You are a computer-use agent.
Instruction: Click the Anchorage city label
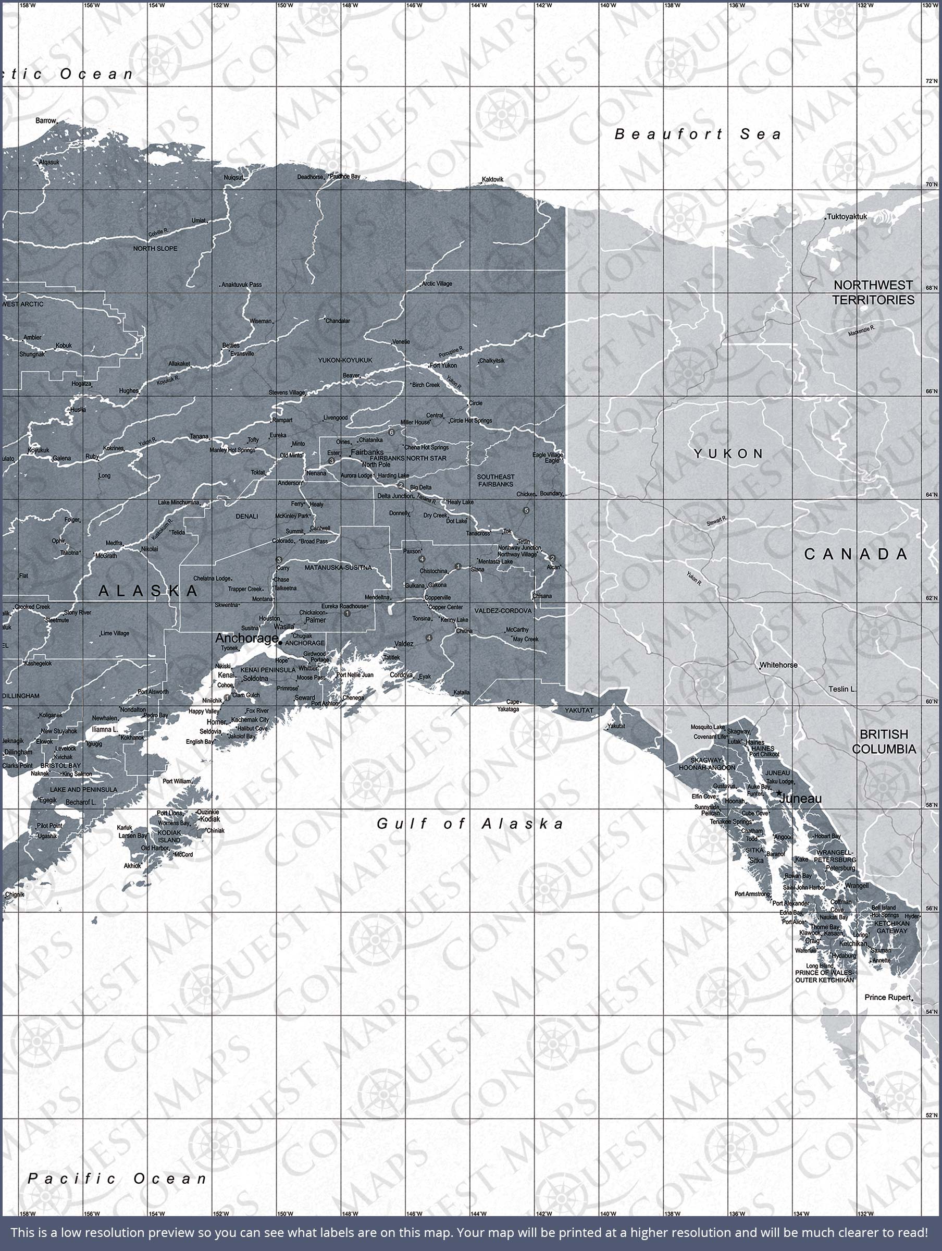click(246, 638)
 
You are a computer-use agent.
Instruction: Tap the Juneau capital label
click(800, 799)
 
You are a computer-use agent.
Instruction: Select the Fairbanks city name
click(367, 452)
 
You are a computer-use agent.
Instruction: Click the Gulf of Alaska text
click(470, 824)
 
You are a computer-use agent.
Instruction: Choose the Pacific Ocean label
click(118, 1179)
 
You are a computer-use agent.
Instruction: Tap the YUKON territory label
click(729, 453)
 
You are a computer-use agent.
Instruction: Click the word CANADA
click(856, 554)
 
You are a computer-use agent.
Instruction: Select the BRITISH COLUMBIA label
click(884, 741)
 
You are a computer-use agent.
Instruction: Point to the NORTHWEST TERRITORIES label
click(873, 292)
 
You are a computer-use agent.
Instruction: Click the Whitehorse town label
click(778, 665)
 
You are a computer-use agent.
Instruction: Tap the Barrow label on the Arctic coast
click(46, 120)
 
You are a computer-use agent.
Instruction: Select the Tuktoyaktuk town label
click(847, 217)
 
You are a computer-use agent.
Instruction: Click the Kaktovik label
click(492, 179)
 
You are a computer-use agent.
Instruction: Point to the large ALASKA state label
click(148, 591)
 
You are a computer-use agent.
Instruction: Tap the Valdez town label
click(404, 644)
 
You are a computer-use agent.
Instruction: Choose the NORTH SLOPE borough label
click(155, 248)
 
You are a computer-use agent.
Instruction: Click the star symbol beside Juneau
click(778, 793)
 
